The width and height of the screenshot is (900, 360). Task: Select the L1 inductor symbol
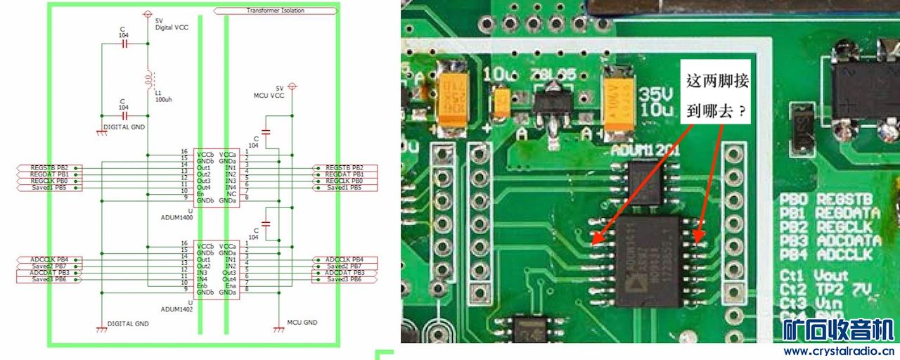[148, 77]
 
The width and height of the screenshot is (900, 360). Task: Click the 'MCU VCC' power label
[269, 95]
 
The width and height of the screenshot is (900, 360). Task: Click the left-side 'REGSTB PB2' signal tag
[49, 167]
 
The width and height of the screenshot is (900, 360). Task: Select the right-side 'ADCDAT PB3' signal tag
[345, 273]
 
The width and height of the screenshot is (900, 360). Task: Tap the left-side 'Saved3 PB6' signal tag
[49, 279]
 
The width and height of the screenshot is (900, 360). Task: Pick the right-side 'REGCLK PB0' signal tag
[345, 181]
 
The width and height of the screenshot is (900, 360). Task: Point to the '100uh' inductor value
[163, 100]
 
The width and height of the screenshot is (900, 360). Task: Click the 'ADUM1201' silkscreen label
[631, 150]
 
